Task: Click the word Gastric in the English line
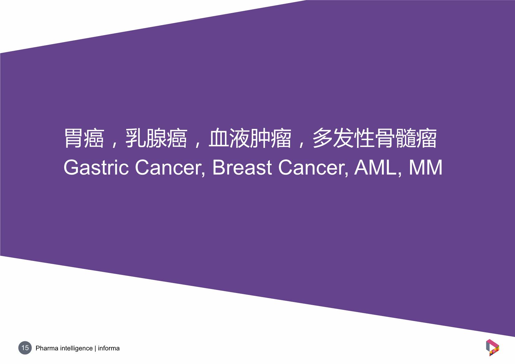coord(96,168)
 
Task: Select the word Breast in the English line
coord(242,167)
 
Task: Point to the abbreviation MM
coord(425,167)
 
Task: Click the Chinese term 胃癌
coord(84,138)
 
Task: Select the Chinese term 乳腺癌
coord(156,138)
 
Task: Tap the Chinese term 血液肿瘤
coord(250,138)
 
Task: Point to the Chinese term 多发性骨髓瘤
coord(375,138)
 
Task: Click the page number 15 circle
coord(25,348)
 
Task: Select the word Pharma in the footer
coord(47,348)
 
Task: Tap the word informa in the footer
coord(109,348)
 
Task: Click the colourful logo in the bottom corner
coord(493,347)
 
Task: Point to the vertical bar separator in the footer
coord(95,348)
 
